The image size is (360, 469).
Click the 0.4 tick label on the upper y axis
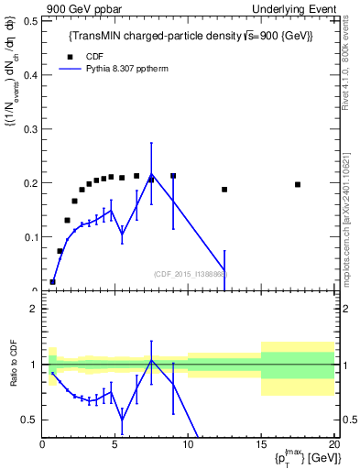pyautogui.click(x=29, y=74)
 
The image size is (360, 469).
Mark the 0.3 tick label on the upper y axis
pyautogui.click(x=29, y=128)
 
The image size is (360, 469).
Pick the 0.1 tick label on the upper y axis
pyautogui.click(x=29, y=237)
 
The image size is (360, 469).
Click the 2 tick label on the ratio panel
pyautogui.click(x=33, y=309)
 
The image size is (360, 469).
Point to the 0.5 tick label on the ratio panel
pyautogui.click(x=29, y=420)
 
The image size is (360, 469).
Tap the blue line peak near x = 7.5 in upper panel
pyautogui.click(x=151, y=174)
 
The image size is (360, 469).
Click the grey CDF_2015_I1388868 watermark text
pyautogui.click(x=191, y=274)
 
